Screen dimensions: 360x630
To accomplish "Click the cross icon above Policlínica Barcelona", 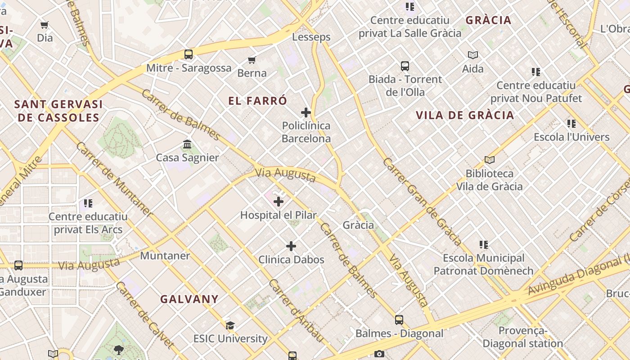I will [306, 112].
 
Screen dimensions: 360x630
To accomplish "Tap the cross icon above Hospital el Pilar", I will [279, 201].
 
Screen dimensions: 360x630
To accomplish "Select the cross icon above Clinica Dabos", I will [291, 246].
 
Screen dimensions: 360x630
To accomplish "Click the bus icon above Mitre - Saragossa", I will [189, 54].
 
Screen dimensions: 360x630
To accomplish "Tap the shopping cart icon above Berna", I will [252, 60].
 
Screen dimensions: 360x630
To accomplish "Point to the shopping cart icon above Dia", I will [45, 25].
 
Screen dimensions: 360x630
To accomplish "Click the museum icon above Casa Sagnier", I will [187, 144].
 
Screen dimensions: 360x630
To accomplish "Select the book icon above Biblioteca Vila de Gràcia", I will [490, 160].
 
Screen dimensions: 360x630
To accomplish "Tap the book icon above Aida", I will [472, 55].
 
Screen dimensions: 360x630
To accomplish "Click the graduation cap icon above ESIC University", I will [230, 325].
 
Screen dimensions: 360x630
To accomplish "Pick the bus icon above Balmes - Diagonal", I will [399, 320].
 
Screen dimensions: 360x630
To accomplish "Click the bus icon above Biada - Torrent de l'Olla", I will [405, 66].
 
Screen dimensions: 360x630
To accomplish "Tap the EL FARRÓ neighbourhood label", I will [257, 101].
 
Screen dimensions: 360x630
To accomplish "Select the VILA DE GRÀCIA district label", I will [465, 115].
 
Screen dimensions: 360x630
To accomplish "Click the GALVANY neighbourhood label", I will [189, 299].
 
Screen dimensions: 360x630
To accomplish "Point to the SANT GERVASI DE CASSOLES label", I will [58, 111].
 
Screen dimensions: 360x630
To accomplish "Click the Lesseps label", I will [311, 37].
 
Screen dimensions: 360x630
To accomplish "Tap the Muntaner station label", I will [165, 256].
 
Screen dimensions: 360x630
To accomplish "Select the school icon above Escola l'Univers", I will [571, 124].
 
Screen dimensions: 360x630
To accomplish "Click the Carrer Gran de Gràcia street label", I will [422, 201].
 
